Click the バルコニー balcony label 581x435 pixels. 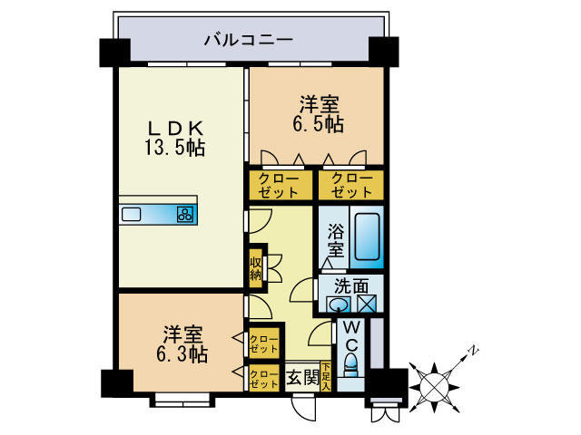click(247, 41)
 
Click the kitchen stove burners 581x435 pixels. click(185, 215)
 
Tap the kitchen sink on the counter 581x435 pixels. click(132, 215)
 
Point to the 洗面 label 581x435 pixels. click(350, 284)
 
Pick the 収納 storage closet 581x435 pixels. click(257, 267)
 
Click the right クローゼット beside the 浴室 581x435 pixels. click(350, 185)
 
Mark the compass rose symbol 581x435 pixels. click(435, 382)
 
